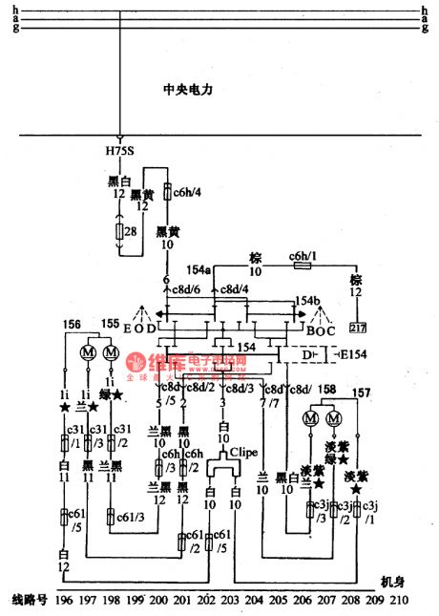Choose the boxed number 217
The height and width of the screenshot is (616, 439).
point(358,329)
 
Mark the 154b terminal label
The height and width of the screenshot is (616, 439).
point(306,301)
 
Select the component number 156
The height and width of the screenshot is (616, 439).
point(71,324)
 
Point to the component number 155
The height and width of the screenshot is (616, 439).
point(109,324)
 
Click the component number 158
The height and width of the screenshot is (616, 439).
point(327,389)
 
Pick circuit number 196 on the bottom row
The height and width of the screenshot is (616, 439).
point(64,602)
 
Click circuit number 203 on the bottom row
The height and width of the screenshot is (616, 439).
point(228,602)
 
